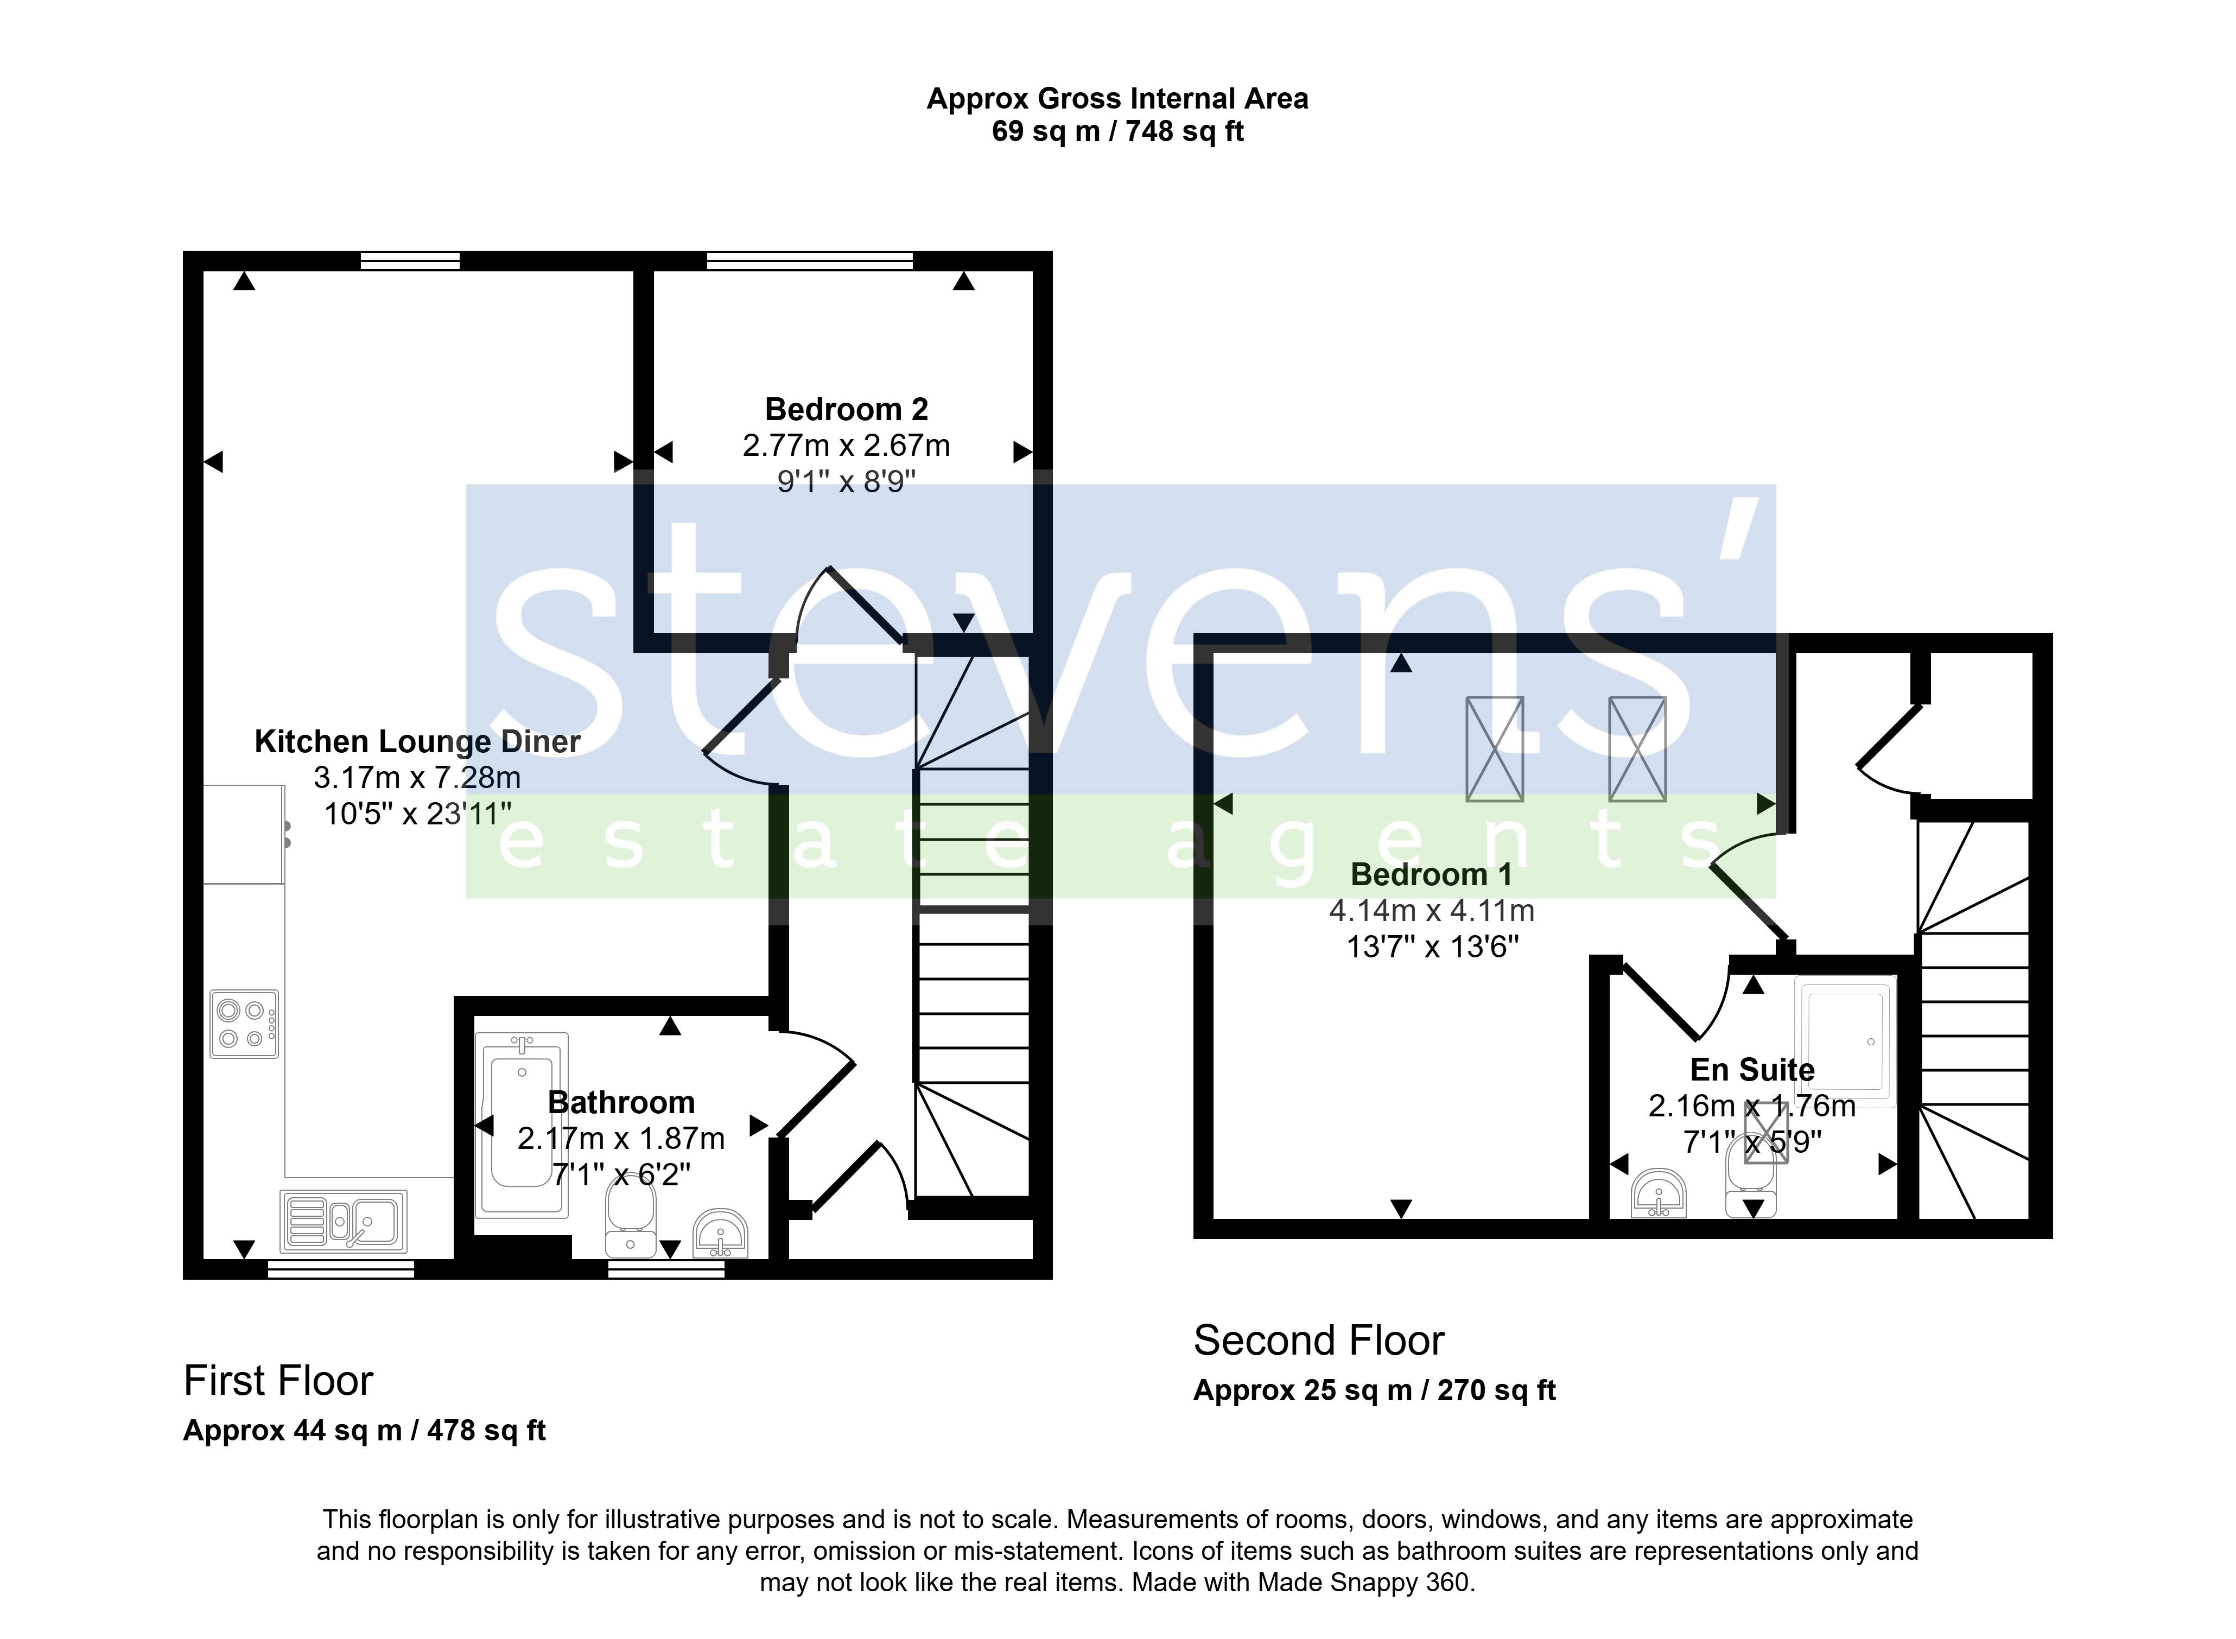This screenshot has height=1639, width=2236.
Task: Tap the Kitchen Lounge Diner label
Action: pyautogui.click(x=418, y=741)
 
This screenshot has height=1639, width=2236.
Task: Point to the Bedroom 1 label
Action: pyautogui.click(x=1432, y=874)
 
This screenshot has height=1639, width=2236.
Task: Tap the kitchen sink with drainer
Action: pyautogui.click(x=343, y=1221)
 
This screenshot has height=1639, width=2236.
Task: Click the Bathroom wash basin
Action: pyautogui.click(x=720, y=1233)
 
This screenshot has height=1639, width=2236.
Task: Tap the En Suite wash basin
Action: pyautogui.click(x=1659, y=1193)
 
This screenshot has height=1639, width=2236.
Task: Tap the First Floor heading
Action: pyautogui.click(x=279, y=1380)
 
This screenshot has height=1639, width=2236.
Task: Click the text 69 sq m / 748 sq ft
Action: pyautogui.click(x=1118, y=131)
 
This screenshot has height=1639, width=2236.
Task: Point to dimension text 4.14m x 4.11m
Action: pyautogui.click(x=1432, y=910)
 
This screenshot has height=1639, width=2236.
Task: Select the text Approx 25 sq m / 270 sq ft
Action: pyautogui.click(x=1375, y=1390)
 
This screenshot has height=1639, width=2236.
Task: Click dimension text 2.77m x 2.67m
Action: pyautogui.click(x=846, y=446)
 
